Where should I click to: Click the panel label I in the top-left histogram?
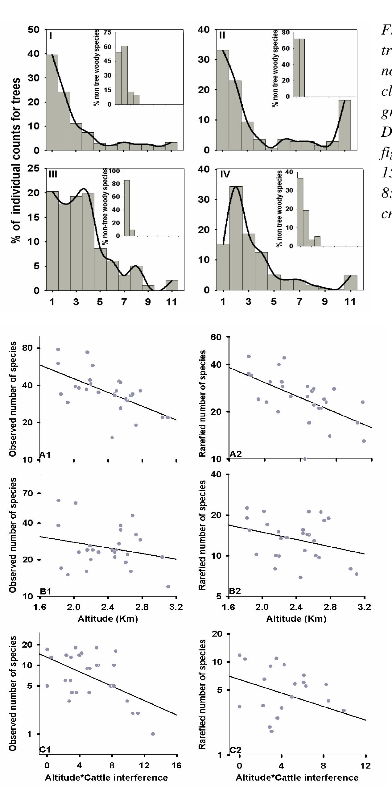click(x=51, y=36)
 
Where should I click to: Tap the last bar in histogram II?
click(x=345, y=125)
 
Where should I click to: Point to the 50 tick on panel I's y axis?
click(x=34, y=30)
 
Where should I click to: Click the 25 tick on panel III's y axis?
click(x=34, y=168)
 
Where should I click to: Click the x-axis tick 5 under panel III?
click(x=100, y=302)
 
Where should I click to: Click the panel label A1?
click(x=45, y=454)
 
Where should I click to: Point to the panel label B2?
click(x=235, y=591)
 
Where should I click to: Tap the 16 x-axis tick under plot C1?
click(x=176, y=765)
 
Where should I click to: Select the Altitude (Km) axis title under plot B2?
click(x=296, y=619)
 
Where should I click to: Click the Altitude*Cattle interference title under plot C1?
click(x=106, y=778)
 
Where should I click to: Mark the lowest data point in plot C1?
click(x=153, y=734)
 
